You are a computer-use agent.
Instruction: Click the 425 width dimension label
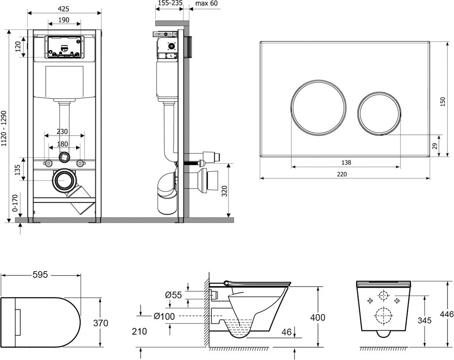click(x=63, y=9)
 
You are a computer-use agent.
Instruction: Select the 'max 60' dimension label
click(x=207, y=3)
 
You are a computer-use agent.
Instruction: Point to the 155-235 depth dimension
click(x=170, y=3)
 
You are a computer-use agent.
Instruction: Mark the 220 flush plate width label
click(x=342, y=174)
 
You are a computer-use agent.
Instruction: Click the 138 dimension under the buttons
click(x=346, y=163)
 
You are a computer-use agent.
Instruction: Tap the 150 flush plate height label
click(x=442, y=102)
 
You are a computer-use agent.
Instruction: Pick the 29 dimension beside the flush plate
click(x=435, y=146)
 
